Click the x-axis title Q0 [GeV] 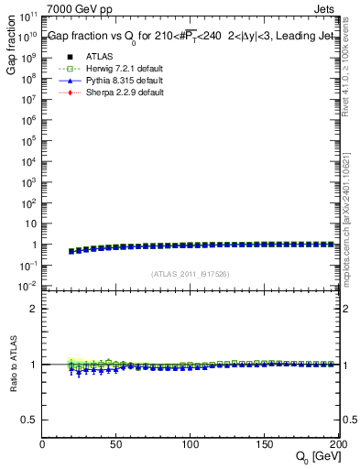click(315, 456)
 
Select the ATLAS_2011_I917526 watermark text click(191, 274)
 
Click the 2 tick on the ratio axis click(34, 309)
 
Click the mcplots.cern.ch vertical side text click(351, 211)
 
